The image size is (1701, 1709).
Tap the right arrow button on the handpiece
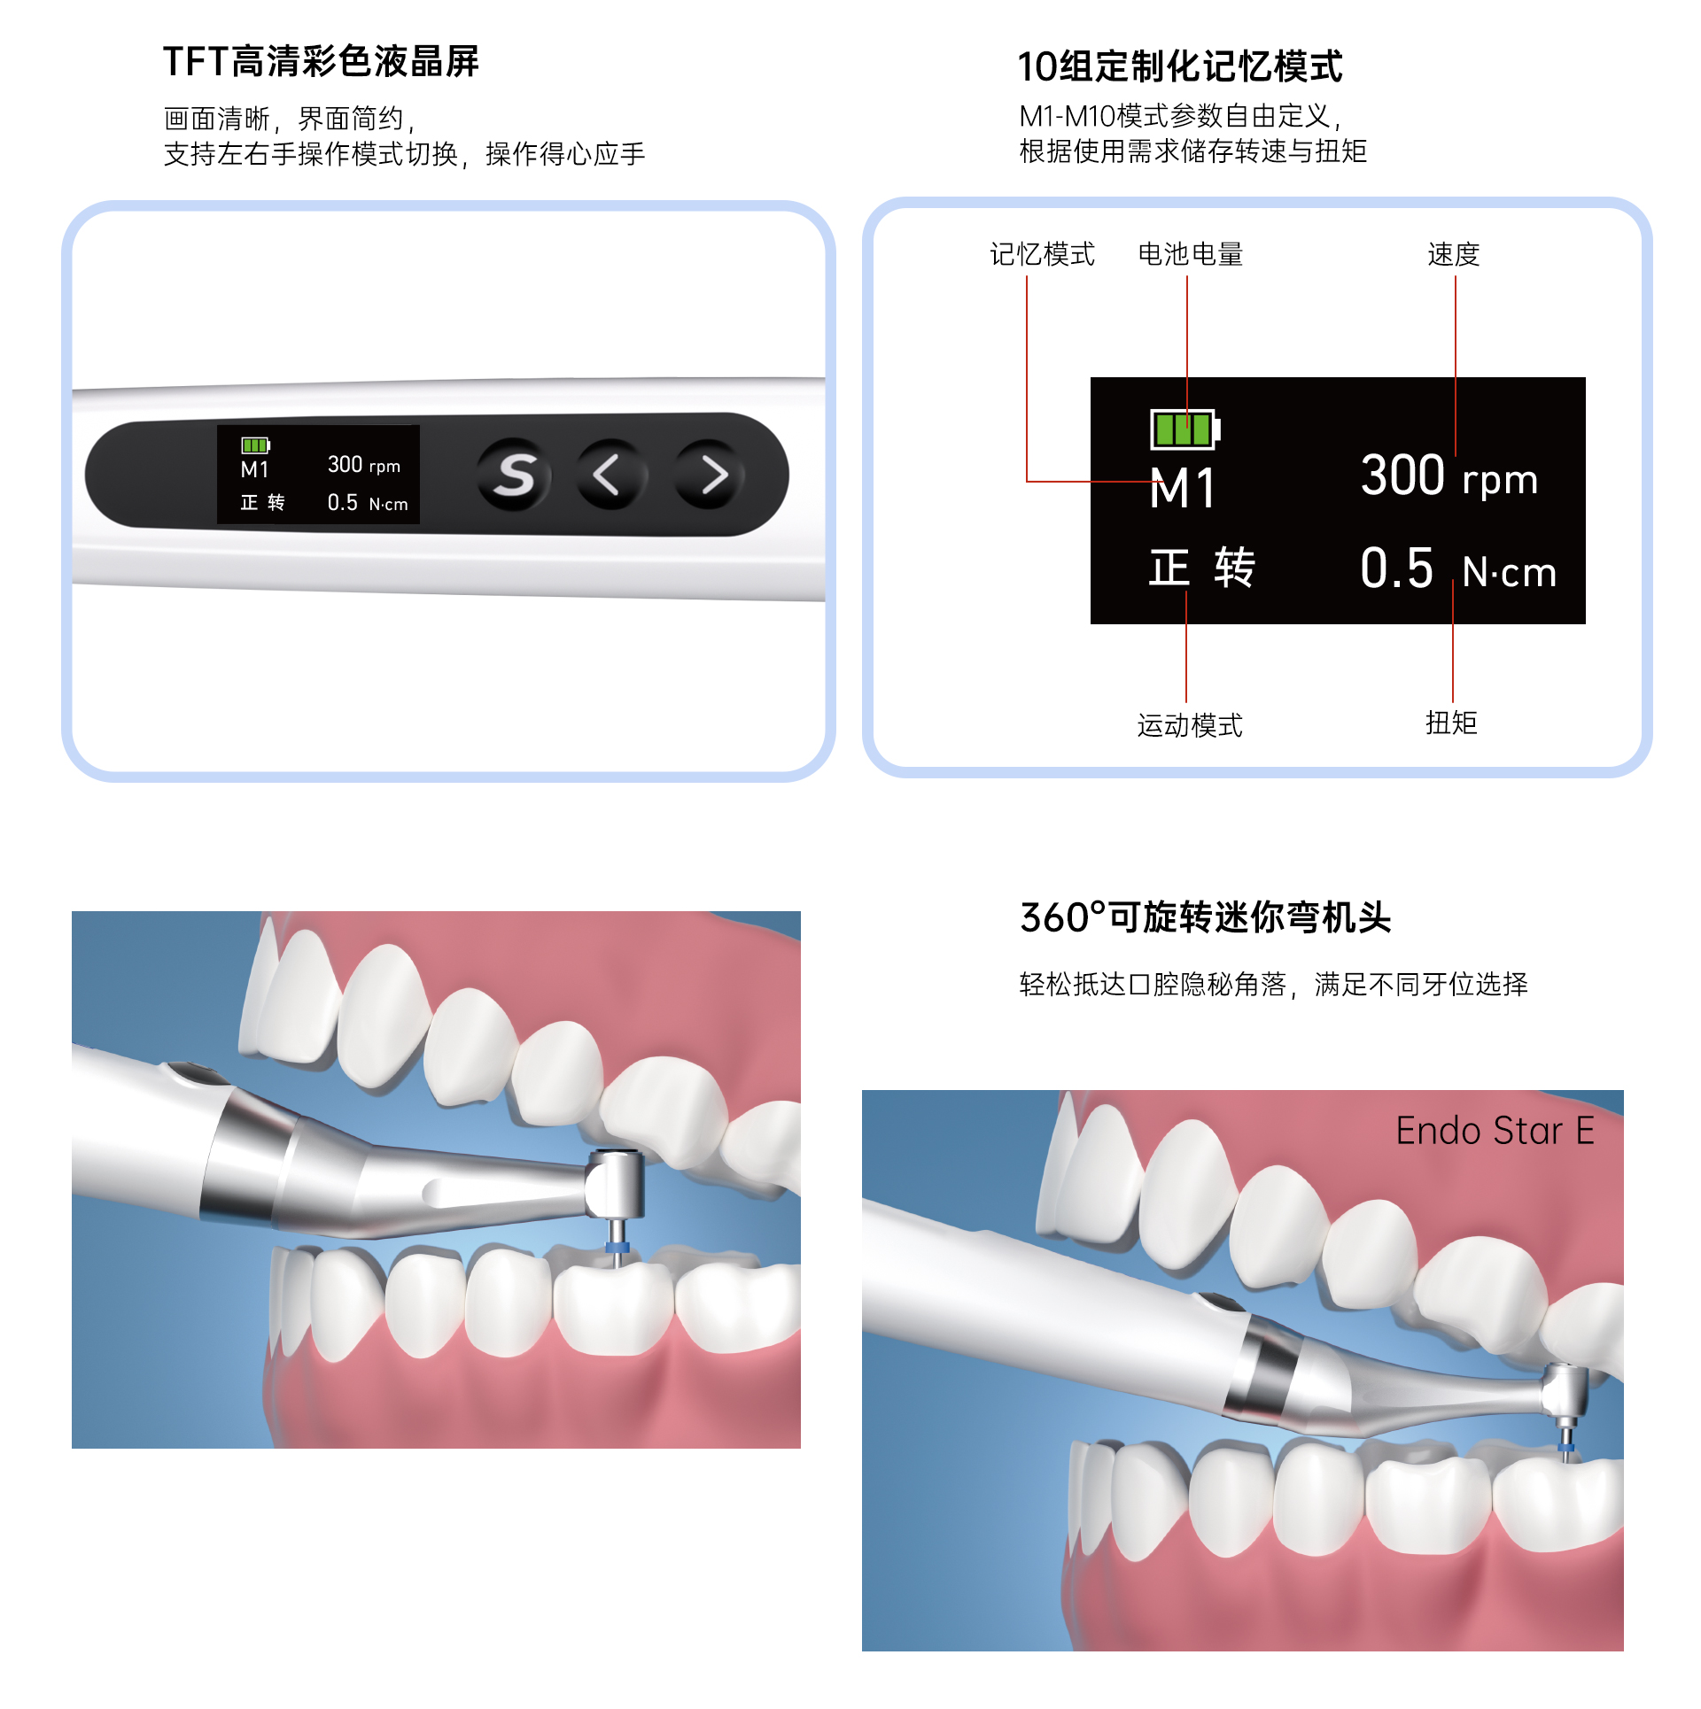click(x=710, y=475)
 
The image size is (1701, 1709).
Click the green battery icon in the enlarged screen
click(x=1184, y=429)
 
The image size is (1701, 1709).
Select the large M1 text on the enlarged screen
click(x=1183, y=488)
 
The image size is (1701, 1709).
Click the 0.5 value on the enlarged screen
click(x=1396, y=568)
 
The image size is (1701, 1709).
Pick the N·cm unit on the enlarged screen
click(x=1510, y=572)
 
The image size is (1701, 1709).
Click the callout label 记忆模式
click(x=1042, y=254)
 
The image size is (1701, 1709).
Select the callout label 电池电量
click(x=1190, y=254)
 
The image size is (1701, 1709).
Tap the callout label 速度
click(x=1454, y=254)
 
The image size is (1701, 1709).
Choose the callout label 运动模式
click(x=1190, y=725)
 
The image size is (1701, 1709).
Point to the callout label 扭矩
click(x=1451, y=723)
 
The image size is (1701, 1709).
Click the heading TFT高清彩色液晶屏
click(x=321, y=62)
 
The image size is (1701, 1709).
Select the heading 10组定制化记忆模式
click(x=1180, y=66)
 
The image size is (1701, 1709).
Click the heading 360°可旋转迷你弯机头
click(x=1206, y=917)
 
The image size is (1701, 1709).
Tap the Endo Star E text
click(x=1495, y=1131)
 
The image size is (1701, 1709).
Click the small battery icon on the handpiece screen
click(x=256, y=445)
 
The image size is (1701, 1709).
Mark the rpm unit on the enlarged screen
click(x=1500, y=481)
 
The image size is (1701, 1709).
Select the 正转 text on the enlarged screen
click(x=1202, y=568)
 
